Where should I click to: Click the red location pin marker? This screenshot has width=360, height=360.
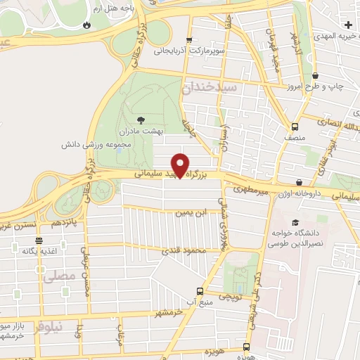[x=181, y=165]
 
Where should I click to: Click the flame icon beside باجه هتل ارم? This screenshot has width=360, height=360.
[x=86, y=25]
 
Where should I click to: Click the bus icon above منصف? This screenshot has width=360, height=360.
[x=294, y=127]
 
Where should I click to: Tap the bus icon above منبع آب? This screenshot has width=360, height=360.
[x=200, y=291]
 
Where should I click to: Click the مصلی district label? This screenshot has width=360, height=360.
[x=58, y=276]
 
